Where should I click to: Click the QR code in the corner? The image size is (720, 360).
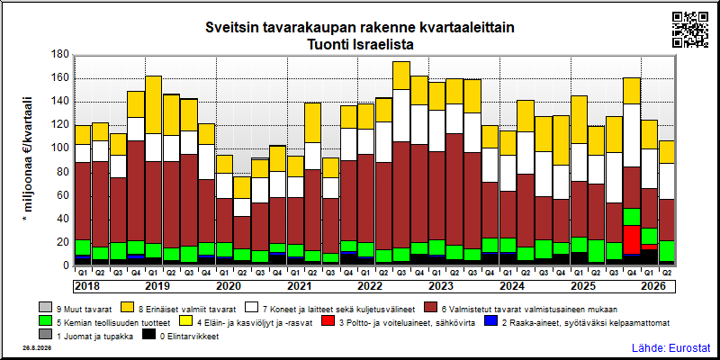pyautogui.click(x=690, y=30)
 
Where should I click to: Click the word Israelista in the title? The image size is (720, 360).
pyautogui.click(x=385, y=45)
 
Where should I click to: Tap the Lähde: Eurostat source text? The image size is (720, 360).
pyautogui.click(x=670, y=347)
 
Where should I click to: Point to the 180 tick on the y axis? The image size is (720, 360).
pyautogui.click(x=60, y=55)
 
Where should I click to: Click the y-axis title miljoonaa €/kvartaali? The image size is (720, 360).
pyautogui.click(x=28, y=159)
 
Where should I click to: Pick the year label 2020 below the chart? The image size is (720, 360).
pyautogui.click(x=229, y=286)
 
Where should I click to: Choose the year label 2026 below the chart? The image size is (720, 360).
pyautogui.click(x=653, y=286)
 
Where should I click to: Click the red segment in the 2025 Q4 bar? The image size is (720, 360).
pyautogui.click(x=632, y=239)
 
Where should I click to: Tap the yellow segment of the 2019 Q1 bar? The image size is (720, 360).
pyautogui.click(x=154, y=104)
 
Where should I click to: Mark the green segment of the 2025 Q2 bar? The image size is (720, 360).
pyautogui.click(x=597, y=251)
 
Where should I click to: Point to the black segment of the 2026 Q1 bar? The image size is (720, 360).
pyautogui.click(x=649, y=257)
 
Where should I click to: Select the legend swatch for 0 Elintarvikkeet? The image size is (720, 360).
pyautogui.click(x=148, y=336)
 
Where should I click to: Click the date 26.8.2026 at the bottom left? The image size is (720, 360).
pyautogui.click(x=37, y=348)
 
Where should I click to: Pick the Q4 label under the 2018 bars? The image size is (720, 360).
pyautogui.click(x=136, y=272)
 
